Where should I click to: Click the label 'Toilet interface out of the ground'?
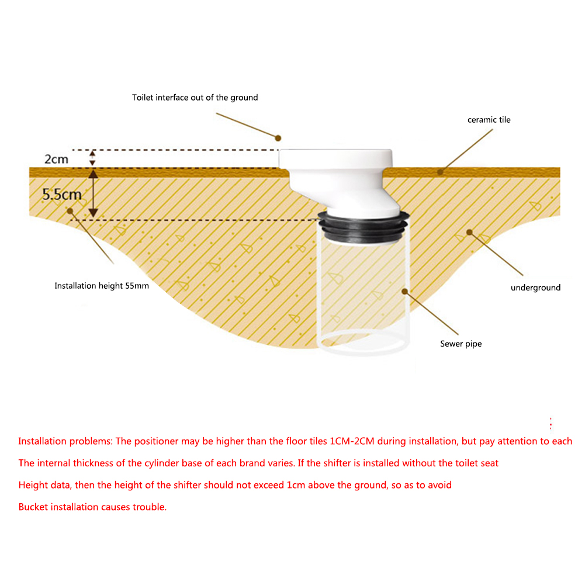195,98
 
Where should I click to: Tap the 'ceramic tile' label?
489,120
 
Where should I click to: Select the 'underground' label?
535,288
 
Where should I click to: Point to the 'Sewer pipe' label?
461,344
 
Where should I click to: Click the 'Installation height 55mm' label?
102,286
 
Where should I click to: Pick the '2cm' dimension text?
56,160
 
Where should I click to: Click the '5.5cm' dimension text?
61,195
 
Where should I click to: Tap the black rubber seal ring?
363,227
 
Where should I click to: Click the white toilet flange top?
335,159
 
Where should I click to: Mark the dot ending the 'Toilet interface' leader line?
278,138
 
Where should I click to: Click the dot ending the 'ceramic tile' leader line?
440,172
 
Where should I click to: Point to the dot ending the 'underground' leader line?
469,233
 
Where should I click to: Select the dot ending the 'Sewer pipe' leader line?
405,292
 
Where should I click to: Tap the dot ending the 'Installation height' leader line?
70,211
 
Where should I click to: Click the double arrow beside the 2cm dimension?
92,158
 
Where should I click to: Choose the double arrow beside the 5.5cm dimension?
94,193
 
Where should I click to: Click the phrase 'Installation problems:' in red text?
65,441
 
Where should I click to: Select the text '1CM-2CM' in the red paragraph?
352,441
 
